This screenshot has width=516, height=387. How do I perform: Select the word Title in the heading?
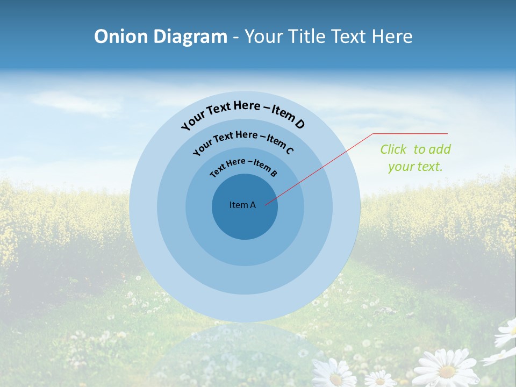pos(307,37)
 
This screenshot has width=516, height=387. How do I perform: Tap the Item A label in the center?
pos(242,205)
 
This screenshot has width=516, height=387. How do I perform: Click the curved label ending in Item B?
pos(243,167)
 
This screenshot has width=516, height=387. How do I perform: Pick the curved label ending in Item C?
pos(243,141)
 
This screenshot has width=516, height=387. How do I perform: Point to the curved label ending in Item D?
pos(243,113)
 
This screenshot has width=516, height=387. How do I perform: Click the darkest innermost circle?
pos(245,220)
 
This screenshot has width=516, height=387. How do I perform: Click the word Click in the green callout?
pos(394,149)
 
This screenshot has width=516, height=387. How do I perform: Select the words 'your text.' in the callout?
pos(415,167)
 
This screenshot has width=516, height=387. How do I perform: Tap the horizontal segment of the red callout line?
pos(410,133)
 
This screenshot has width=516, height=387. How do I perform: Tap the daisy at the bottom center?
pos(334,374)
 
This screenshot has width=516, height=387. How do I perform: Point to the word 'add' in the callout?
pos(440,149)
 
